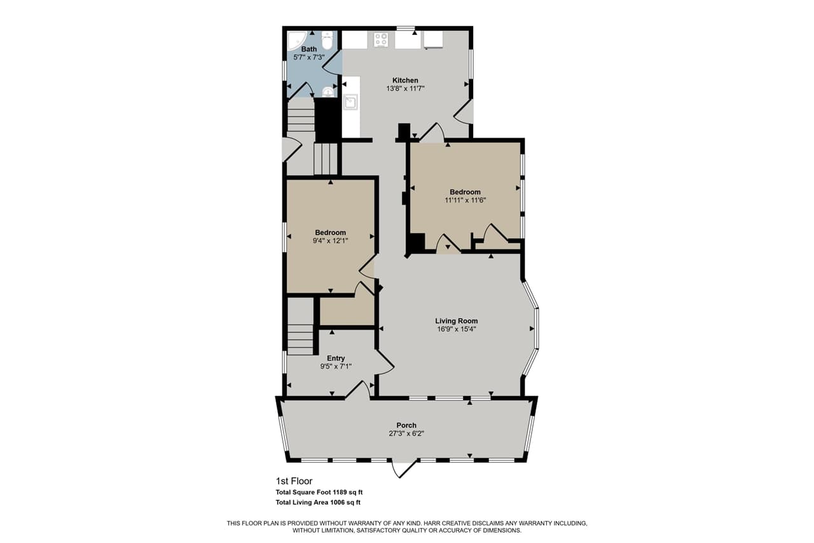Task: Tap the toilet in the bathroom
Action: (327, 41)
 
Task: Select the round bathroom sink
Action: (328, 92)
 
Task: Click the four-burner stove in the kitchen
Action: (382, 39)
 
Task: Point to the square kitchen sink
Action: (350, 102)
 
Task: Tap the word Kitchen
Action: (405, 80)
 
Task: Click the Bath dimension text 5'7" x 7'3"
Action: (309, 57)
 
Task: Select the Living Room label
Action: (456, 321)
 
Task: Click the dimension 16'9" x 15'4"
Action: (456, 329)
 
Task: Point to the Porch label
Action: (406, 425)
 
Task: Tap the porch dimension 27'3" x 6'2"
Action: (406, 434)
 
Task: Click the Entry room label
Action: (336, 358)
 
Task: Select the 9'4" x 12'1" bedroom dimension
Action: (330, 241)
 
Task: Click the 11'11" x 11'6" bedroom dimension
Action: (465, 200)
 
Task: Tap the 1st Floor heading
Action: (294, 481)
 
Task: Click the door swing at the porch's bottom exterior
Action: (403, 469)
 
